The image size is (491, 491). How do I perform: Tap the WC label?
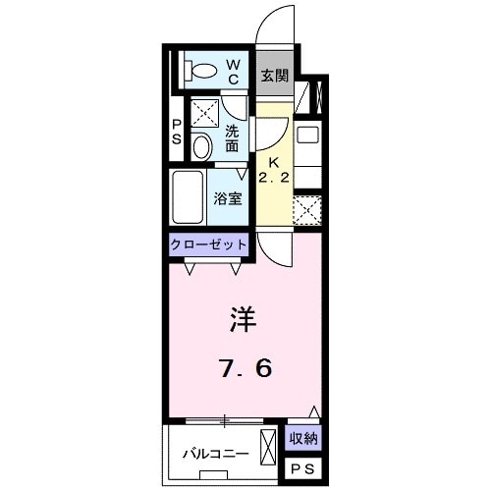(x=235, y=71)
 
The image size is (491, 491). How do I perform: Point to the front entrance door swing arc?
(x=278, y=25)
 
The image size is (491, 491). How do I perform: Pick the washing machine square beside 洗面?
(x=202, y=113)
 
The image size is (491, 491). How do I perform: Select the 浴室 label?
(x=230, y=196)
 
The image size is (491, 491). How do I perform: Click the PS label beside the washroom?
(x=177, y=132)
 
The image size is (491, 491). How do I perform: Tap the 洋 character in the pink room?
(x=245, y=320)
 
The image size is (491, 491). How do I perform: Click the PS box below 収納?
(x=303, y=469)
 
